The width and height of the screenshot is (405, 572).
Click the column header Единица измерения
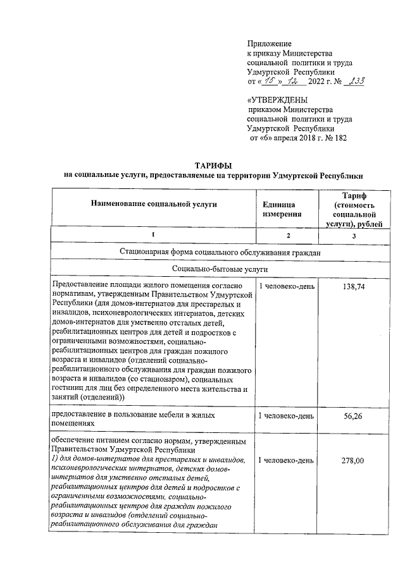point(279,210)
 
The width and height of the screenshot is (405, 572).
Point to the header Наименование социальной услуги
point(154,205)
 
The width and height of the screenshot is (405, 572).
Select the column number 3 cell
point(354,236)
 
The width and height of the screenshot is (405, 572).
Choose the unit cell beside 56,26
point(285,416)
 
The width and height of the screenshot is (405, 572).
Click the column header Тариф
point(354,196)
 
